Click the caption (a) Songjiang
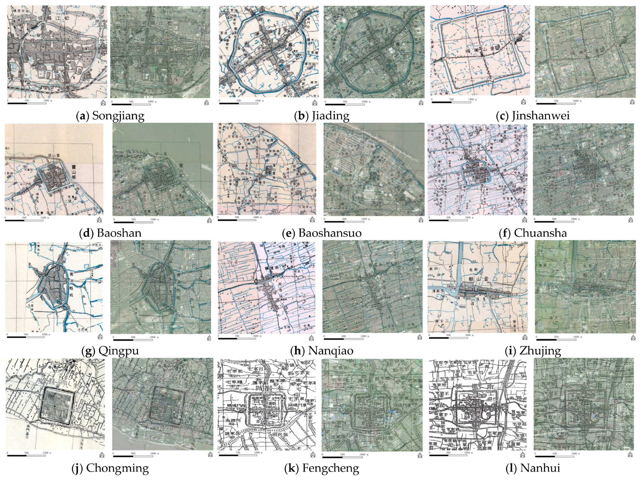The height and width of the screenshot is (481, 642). (110, 116)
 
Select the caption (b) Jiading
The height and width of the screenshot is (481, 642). (322, 116)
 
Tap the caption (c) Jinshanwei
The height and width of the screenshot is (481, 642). (533, 116)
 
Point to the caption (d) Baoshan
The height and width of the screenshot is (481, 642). (110, 233)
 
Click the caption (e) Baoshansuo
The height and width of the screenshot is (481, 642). (322, 233)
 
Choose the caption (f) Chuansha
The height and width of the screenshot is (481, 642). (533, 233)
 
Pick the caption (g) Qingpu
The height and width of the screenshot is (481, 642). (110, 351)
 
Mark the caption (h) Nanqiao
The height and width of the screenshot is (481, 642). (322, 351)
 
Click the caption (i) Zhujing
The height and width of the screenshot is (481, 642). (533, 351)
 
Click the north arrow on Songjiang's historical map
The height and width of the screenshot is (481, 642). (103, 103)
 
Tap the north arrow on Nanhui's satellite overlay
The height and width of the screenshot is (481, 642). (630, 455)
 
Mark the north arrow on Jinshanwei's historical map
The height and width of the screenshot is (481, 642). (524, 102)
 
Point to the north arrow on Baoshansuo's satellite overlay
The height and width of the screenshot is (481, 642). (421, 220)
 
